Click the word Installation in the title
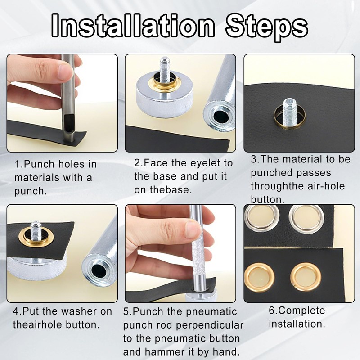[133, 26]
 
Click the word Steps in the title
[266, 27]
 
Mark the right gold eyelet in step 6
[306, 277]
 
